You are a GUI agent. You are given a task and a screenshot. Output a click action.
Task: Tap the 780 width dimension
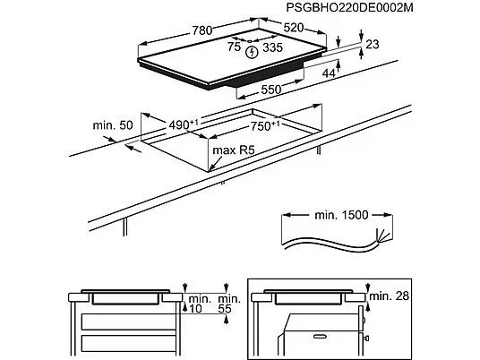(x=201, y=30)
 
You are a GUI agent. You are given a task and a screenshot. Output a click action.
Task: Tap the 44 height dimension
(x=330, y=73)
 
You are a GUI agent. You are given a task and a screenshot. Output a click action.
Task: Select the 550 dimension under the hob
(x=271, y=90)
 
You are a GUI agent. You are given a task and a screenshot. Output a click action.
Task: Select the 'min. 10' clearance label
(x=198, y=304)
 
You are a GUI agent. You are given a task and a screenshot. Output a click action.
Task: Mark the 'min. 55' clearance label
(x=228, y=304)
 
